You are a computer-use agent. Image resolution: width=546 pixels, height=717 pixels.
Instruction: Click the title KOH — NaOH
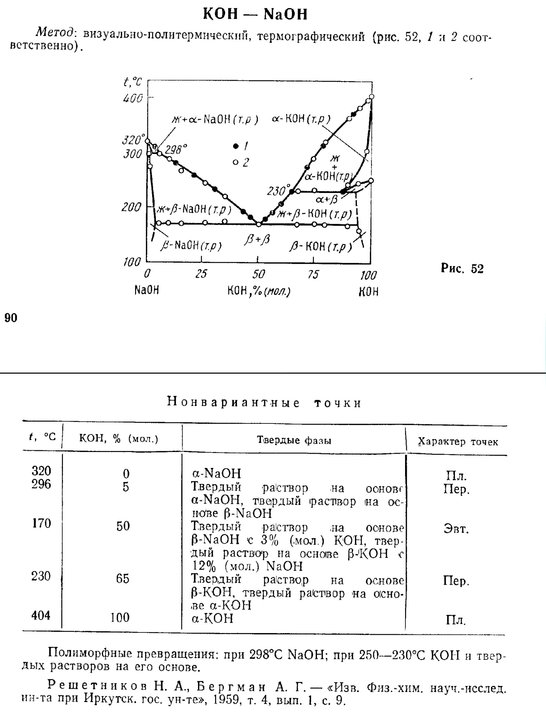pyautogui.click(x=255, y=14)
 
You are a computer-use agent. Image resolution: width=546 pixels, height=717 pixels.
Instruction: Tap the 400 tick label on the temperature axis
pyautogui.click(x=133, y=99)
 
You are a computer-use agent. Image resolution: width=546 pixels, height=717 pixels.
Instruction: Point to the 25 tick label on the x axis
pyautogui.click(x=201, y=274)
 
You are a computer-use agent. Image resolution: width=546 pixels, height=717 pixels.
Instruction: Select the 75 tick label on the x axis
pyautogui.click(x=313, y=275)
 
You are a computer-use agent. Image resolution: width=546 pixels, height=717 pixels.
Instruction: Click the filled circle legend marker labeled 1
pyautogui.click(x=236, y=146)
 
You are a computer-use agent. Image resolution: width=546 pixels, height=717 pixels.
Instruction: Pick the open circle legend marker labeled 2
pyautogui.click(x=236, y=162)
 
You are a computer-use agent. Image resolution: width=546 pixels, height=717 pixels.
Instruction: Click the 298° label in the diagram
pyautogui.click(x=175, y=150)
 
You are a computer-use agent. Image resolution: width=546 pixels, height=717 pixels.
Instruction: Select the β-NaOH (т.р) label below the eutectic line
pyautogui.click(x=191, y=246)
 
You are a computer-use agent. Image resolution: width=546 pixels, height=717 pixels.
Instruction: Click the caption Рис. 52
pyautogui.click(x=462, y=268)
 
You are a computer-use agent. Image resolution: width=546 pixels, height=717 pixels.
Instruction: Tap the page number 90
pyautogui.click(x=11, y=318)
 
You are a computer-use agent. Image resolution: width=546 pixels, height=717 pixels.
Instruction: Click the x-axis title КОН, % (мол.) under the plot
pyautogui.click(x=259, y=291)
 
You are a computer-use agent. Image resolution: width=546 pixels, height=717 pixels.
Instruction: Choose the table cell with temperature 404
pyautogui.click(x=41, y=615)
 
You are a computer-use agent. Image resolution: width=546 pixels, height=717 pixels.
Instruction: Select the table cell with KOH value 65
pyautogui.click(x=122, y=579)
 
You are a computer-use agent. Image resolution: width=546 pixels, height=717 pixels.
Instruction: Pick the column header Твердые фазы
pyautogui.click(x=294, y=441)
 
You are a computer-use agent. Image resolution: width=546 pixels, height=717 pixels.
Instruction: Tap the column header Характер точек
pyautogui.click(x=458, y=442)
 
